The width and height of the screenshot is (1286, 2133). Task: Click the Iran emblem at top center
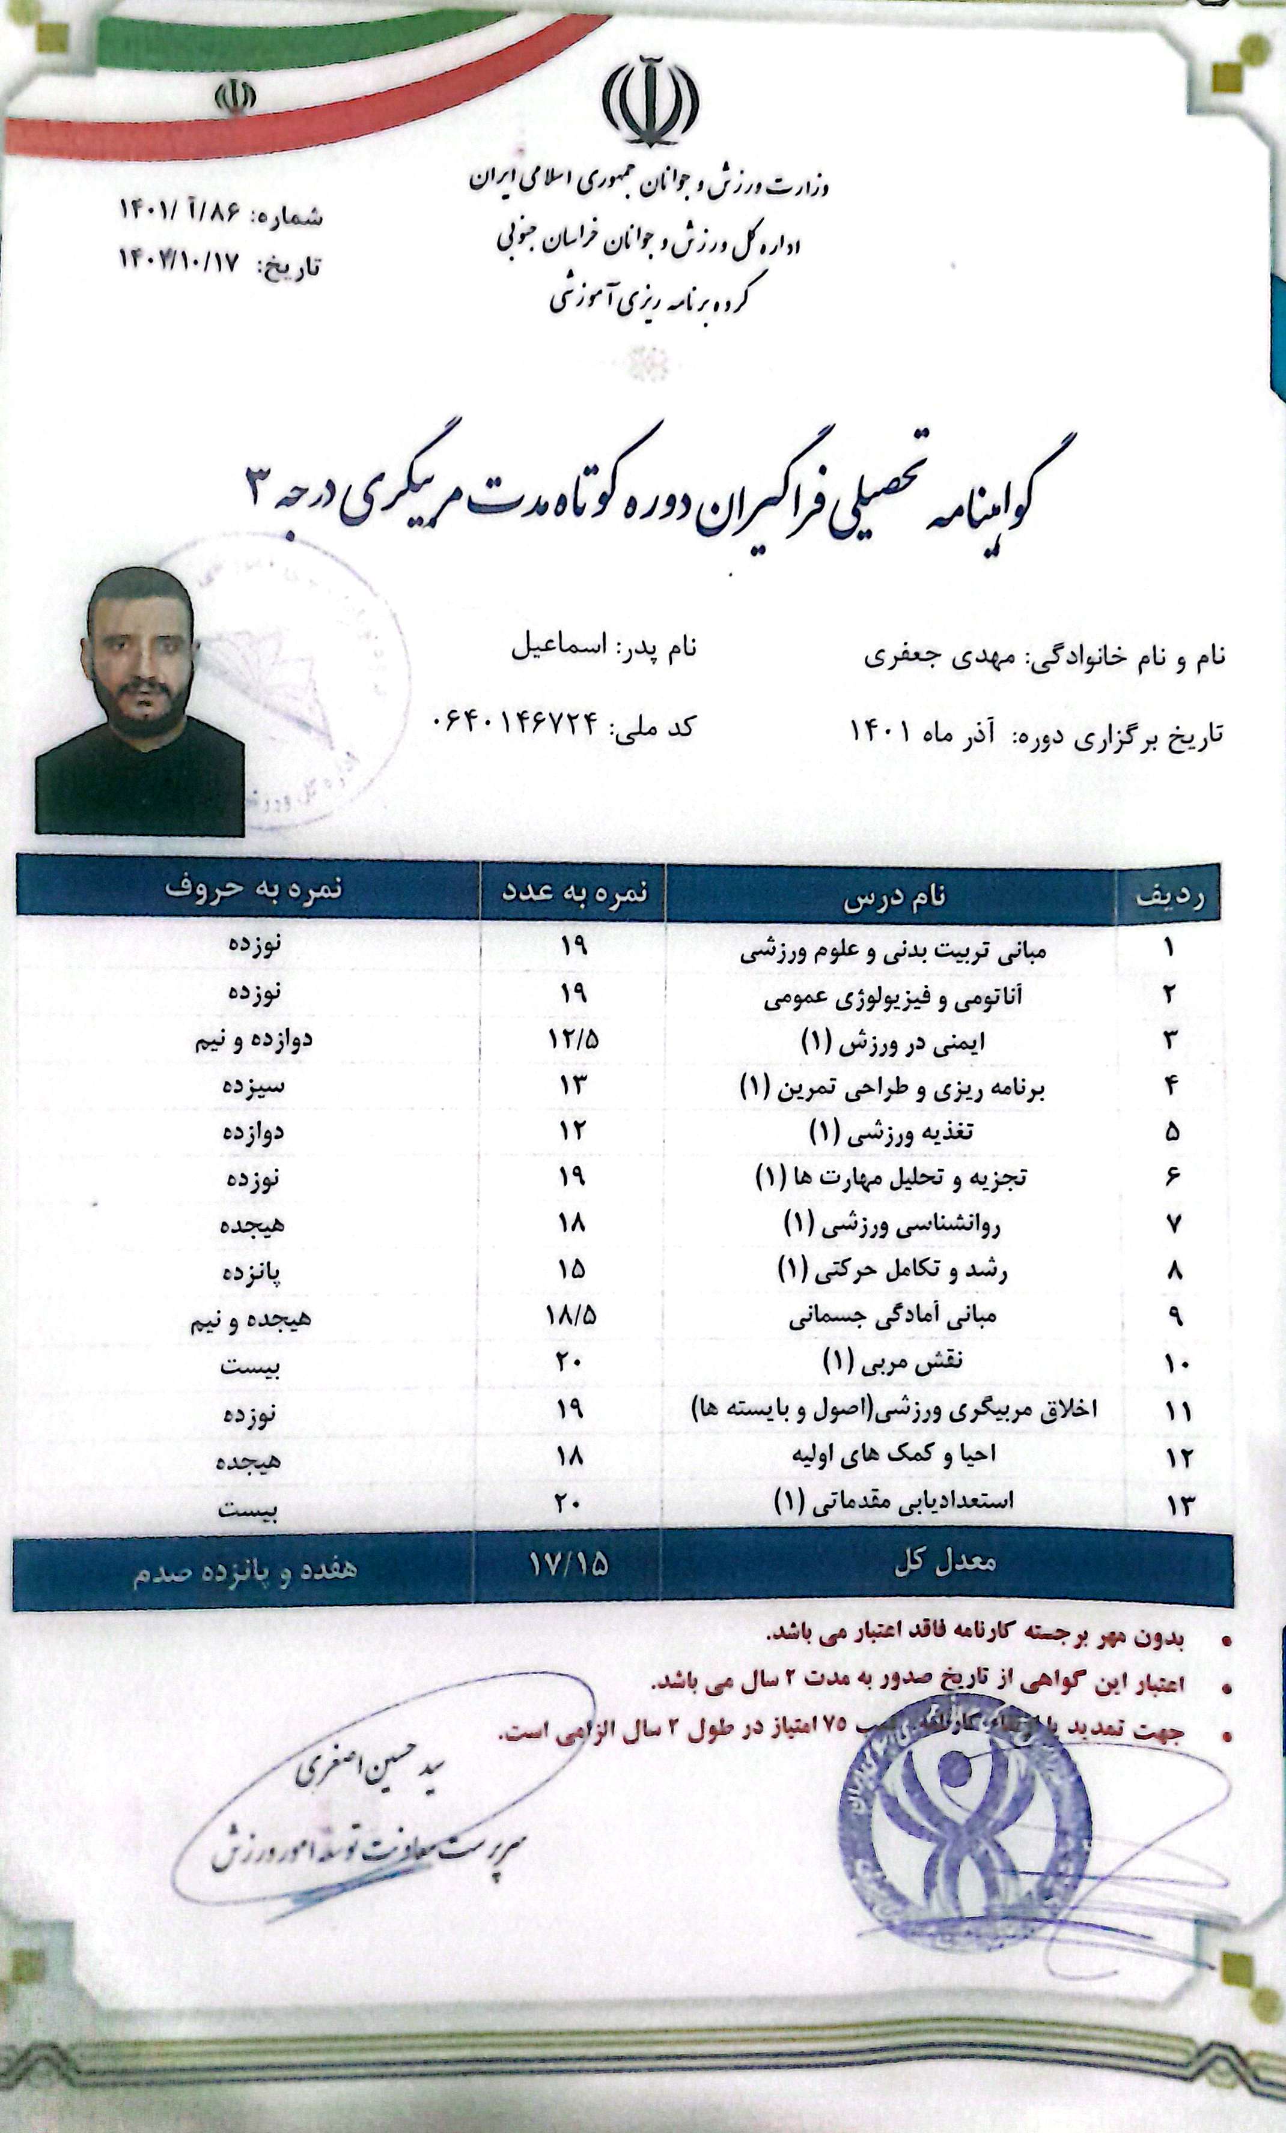pyautogui.click(x=650, y=102)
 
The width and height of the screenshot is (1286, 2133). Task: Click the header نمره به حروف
pyautogui.click(x=254, y=889)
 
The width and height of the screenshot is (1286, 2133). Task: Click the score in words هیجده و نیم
pyautogui.click(x=250, y=1318)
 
